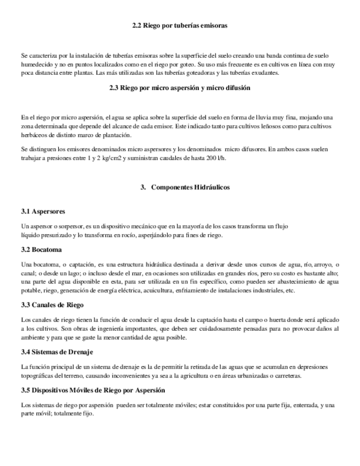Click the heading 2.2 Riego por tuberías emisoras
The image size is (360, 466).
click(x=180, y=25)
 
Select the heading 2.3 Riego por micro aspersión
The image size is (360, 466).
click(x=180, y=88)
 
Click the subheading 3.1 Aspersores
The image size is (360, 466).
click(x=43, y=211)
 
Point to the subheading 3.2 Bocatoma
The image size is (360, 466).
click(x=42, y=251)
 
